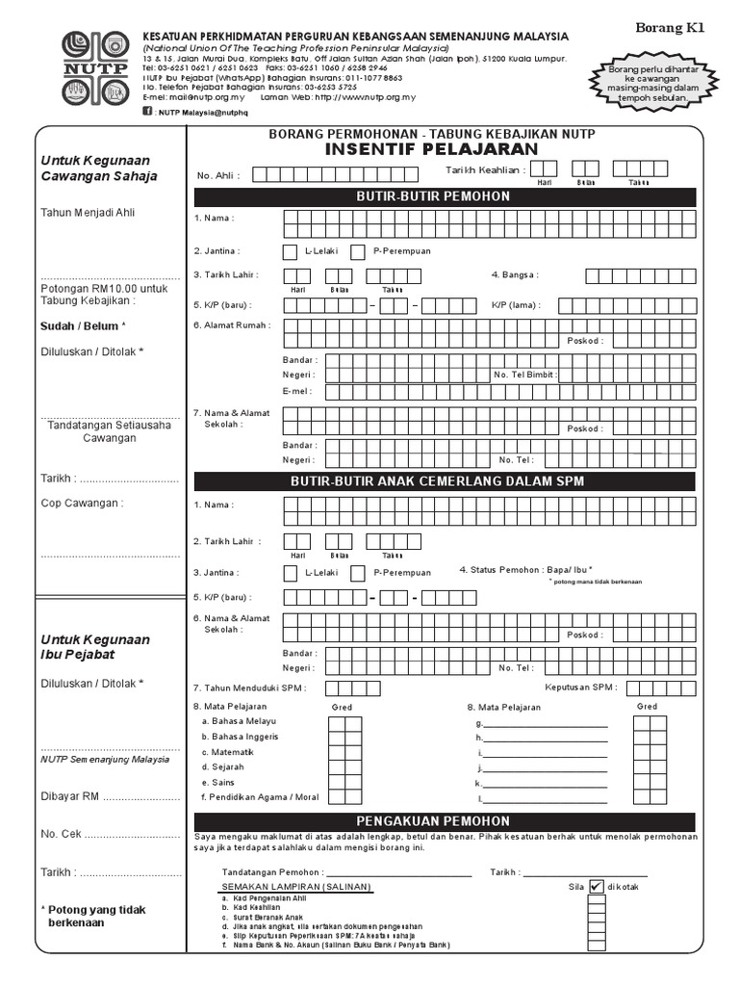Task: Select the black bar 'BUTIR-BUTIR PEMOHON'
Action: [445, 196]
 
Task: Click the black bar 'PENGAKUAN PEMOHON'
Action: [445, 821]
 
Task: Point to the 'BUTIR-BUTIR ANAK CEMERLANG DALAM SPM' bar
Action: [445, 480]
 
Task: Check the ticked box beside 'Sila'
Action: [597, 887]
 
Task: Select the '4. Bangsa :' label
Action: [515, 275]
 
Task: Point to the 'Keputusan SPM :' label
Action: [580, 688]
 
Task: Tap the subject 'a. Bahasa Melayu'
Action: [239, 721]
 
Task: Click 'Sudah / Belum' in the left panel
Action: [79, 326]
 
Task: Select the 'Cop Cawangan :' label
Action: [82, 503]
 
